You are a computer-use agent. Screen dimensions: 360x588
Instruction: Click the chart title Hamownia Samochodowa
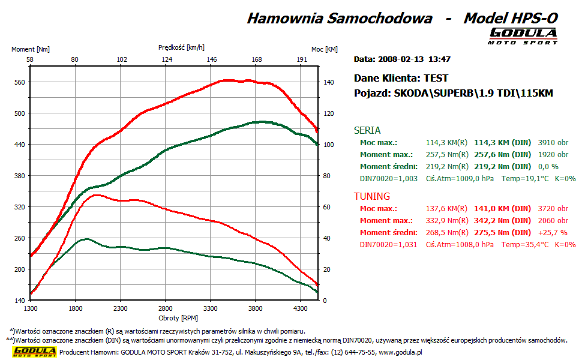coord(339,18)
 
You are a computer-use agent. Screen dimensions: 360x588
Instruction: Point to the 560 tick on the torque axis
coord(19,82)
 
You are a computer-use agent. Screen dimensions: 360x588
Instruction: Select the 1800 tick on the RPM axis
coord(75,308)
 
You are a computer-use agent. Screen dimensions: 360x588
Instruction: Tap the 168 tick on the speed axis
coord(257,59)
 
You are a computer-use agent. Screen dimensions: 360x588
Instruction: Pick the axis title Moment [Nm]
coord(31,49)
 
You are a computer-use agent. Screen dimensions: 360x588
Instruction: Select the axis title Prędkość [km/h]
coord(181,47)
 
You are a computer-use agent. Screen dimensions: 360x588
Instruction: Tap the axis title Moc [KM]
coord(324,49)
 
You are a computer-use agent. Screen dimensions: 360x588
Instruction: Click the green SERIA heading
coord(367,130)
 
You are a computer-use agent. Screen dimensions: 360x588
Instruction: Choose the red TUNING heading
coord(372,196)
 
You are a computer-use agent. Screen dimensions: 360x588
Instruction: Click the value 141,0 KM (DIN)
coord(502,209)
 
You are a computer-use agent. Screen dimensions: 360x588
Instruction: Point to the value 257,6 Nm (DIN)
coord(502,155)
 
